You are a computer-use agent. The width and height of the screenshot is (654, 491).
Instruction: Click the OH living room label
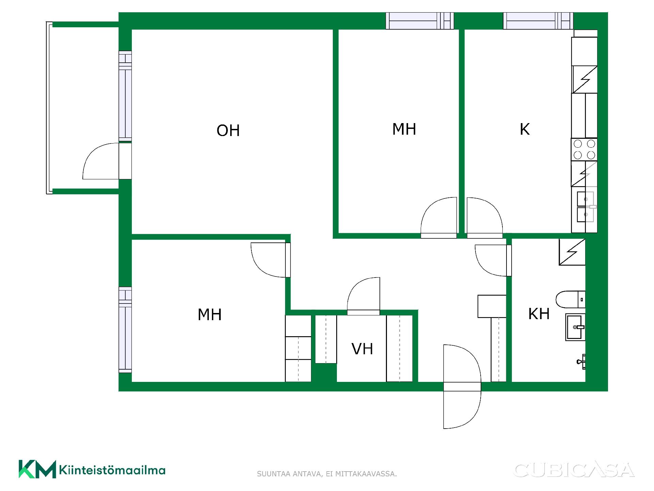[228, 131]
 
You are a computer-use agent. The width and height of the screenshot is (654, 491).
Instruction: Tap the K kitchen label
[525, 129]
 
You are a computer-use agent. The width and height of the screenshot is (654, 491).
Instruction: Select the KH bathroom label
[539, 314]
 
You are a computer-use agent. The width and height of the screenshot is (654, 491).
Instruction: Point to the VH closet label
[362, 349]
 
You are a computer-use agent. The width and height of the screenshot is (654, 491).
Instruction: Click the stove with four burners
[584, 149]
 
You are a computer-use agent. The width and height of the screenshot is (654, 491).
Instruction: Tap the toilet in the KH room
[571, 299]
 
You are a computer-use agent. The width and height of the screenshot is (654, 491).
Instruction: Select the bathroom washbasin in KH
[575, 327]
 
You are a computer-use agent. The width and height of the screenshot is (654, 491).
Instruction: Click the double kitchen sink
[585, 207]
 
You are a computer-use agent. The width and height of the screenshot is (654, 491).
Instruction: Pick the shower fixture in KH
[581, 362]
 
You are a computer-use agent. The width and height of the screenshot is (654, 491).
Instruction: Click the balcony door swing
[101, 161]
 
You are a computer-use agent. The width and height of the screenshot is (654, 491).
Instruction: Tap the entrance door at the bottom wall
[462, 386]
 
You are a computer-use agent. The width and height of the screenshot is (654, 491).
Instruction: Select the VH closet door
[363, 296]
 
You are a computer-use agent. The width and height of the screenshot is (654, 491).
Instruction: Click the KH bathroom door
[493, 261]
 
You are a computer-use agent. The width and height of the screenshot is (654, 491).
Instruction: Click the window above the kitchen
[538, 21]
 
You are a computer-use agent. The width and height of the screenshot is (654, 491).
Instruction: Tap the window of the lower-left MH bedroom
[125, 330]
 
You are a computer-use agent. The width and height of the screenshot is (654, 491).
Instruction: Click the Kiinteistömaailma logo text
[112, 470]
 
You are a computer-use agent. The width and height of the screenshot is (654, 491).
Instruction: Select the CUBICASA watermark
[574, 470]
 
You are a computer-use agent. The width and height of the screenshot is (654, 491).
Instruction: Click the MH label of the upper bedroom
[404, 129]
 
